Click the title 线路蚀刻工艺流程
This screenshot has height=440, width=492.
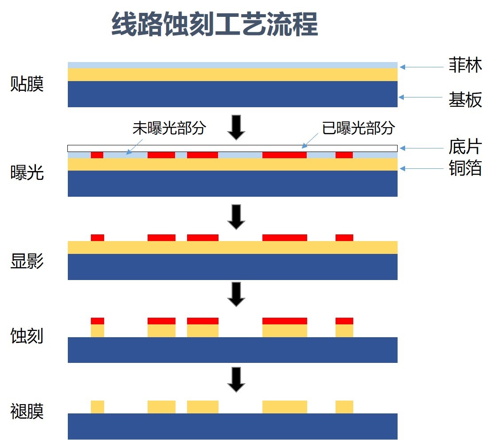[x=215, y=24]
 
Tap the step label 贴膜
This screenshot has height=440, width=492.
[x=27, y=84]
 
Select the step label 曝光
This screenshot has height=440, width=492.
[x=27, y=173]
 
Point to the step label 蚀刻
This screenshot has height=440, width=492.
[x=27, y=336]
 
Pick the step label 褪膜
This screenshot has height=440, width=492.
[x=27, y=412]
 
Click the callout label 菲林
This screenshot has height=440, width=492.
[x=465, y=66]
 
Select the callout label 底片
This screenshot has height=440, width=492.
[x=465, y=147]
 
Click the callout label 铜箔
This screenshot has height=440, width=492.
[x=465, y=169]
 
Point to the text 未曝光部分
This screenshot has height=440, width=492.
[x=169, y=128]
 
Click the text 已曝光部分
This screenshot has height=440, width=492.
[x=358, y=128]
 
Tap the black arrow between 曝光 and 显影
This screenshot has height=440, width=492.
[x=236, y=217]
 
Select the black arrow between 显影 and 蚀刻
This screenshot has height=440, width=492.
[x=236, y=294]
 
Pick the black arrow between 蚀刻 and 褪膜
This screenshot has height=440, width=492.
[x=236, y=379]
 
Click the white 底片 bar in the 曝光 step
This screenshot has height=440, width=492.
[x=232, y=148]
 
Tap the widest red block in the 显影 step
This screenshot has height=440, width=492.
[x=285, y=238]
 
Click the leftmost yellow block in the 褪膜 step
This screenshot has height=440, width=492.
[x=98, y=407]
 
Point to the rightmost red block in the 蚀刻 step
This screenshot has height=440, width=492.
[x=344, y=321]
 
